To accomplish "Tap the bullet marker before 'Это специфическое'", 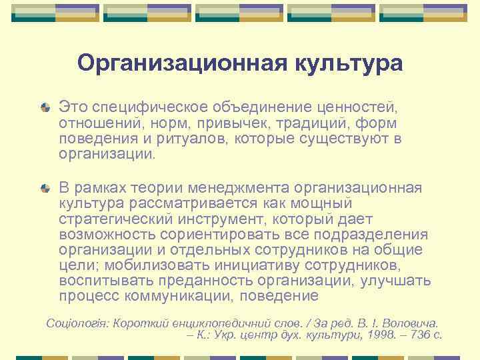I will point(45,107).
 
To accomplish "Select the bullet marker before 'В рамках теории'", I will point(45,188).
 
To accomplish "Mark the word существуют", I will point(331,139).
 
